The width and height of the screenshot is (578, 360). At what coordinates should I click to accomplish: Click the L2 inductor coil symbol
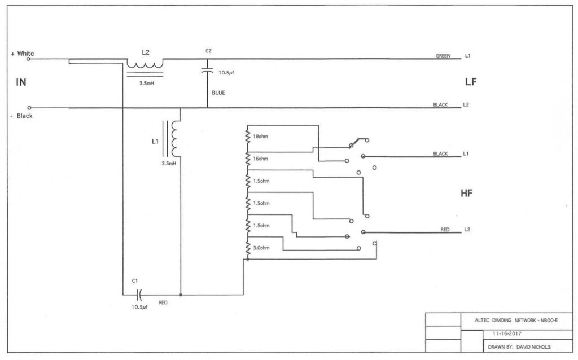point(145,64)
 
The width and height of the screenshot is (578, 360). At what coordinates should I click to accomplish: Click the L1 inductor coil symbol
point(174,139)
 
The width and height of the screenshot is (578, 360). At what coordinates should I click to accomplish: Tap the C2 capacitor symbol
point(207,71)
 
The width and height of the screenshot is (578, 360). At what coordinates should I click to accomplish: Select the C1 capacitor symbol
point(139,295)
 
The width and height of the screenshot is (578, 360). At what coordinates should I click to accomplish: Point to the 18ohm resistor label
point(260,137)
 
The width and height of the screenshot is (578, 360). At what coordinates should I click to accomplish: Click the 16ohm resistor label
point(260,159)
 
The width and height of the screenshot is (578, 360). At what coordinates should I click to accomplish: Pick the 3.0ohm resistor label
point(261,248)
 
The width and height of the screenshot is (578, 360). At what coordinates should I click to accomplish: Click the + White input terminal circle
point(28,59)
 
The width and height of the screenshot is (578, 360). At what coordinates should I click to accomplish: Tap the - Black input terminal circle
point(29,108)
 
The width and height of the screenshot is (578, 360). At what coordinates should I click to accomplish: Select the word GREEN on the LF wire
point(443,56)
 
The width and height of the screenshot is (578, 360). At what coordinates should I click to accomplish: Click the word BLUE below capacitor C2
point(218,93)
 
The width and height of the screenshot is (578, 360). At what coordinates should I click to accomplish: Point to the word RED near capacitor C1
point(163,302)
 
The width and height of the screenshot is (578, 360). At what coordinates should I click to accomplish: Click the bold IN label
point(21,82)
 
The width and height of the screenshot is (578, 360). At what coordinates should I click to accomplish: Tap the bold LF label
point(471,82)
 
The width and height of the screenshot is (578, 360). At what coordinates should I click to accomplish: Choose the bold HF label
point(466,193)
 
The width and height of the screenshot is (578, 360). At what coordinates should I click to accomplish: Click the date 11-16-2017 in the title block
point(507,333)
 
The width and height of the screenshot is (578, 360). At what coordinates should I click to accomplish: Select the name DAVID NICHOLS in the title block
point(533,346)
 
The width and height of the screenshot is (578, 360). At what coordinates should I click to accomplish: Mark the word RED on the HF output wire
point(445,230)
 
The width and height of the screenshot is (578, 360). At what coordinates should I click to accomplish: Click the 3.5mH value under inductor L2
point(147,84)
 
